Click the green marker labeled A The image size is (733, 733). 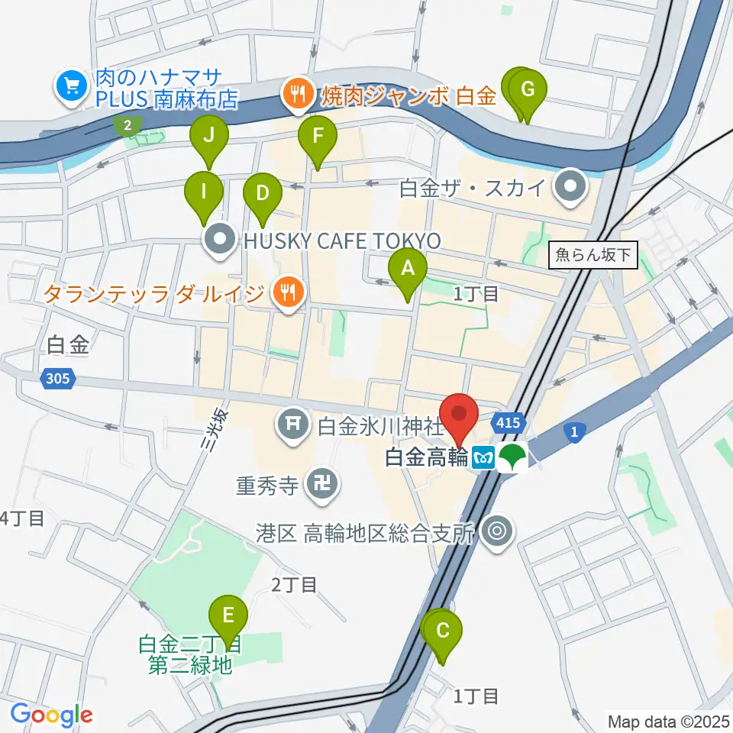408,269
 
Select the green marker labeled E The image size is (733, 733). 228,615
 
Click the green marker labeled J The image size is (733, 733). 209,137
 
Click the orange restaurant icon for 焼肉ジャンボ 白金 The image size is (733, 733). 295,95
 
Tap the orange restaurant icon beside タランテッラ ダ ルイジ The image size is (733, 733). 288,292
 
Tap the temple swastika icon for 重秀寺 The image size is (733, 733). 322,486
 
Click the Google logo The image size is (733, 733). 51,715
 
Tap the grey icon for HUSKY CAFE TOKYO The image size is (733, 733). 220,241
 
